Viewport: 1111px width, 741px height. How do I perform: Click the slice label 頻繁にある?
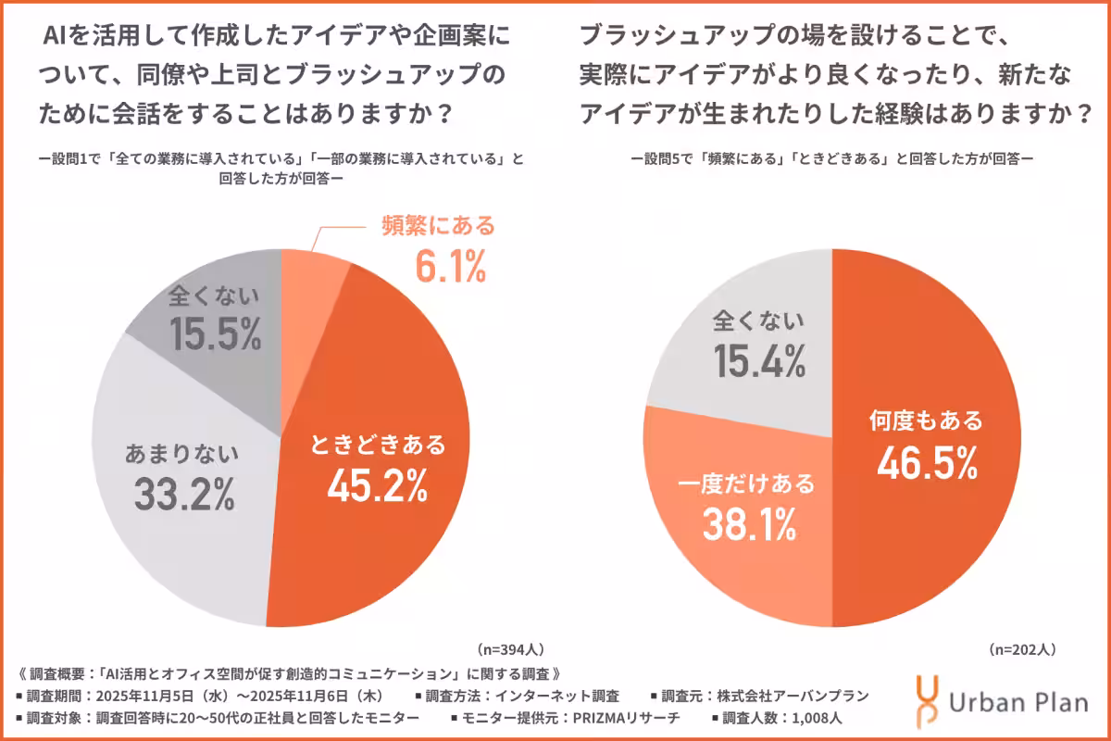point(439,225)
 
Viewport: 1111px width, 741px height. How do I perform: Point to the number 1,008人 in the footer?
point(823,718)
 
